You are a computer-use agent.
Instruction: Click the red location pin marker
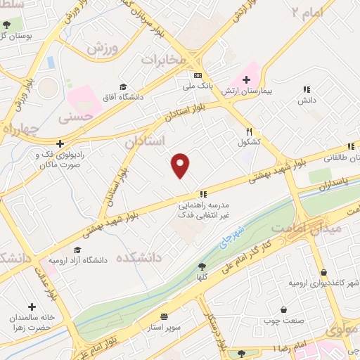pyautogui.click(x=181, y=165)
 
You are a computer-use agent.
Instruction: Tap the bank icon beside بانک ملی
pyautogui.click(x=198, y=75)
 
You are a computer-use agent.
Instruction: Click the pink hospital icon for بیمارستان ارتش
pyautogui.click(x=247, y=81)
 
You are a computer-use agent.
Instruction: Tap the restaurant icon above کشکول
pyautogui.click(x=249, y=131)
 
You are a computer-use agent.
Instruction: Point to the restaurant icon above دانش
pyautogui.click(x=307, y=89)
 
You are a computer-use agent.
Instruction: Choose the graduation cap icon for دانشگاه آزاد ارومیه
pyautogui.click(x=77, y=250)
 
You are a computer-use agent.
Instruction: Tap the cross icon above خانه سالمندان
pyautogui.click(x=32, y=307)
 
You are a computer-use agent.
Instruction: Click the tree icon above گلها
pyautogui.click(x=202, y=266)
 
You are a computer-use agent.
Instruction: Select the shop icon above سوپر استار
pyautogui.click(x=165, y=317)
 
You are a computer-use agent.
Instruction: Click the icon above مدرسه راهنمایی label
pyautogui.click(x=202, y=194)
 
